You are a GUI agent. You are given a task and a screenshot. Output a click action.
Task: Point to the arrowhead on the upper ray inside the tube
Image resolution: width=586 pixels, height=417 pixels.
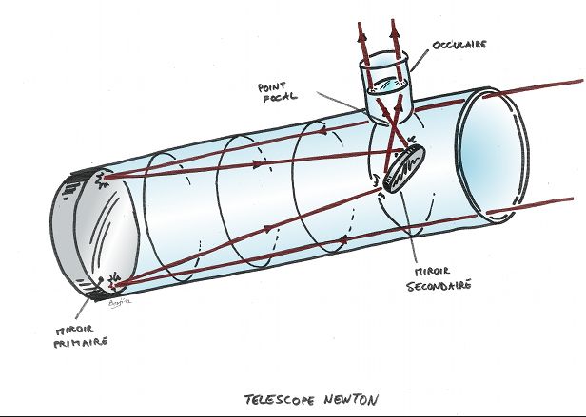tap(259, 163)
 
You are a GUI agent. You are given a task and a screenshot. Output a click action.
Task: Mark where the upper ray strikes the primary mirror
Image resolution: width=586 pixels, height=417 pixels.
tap(105, 176)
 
